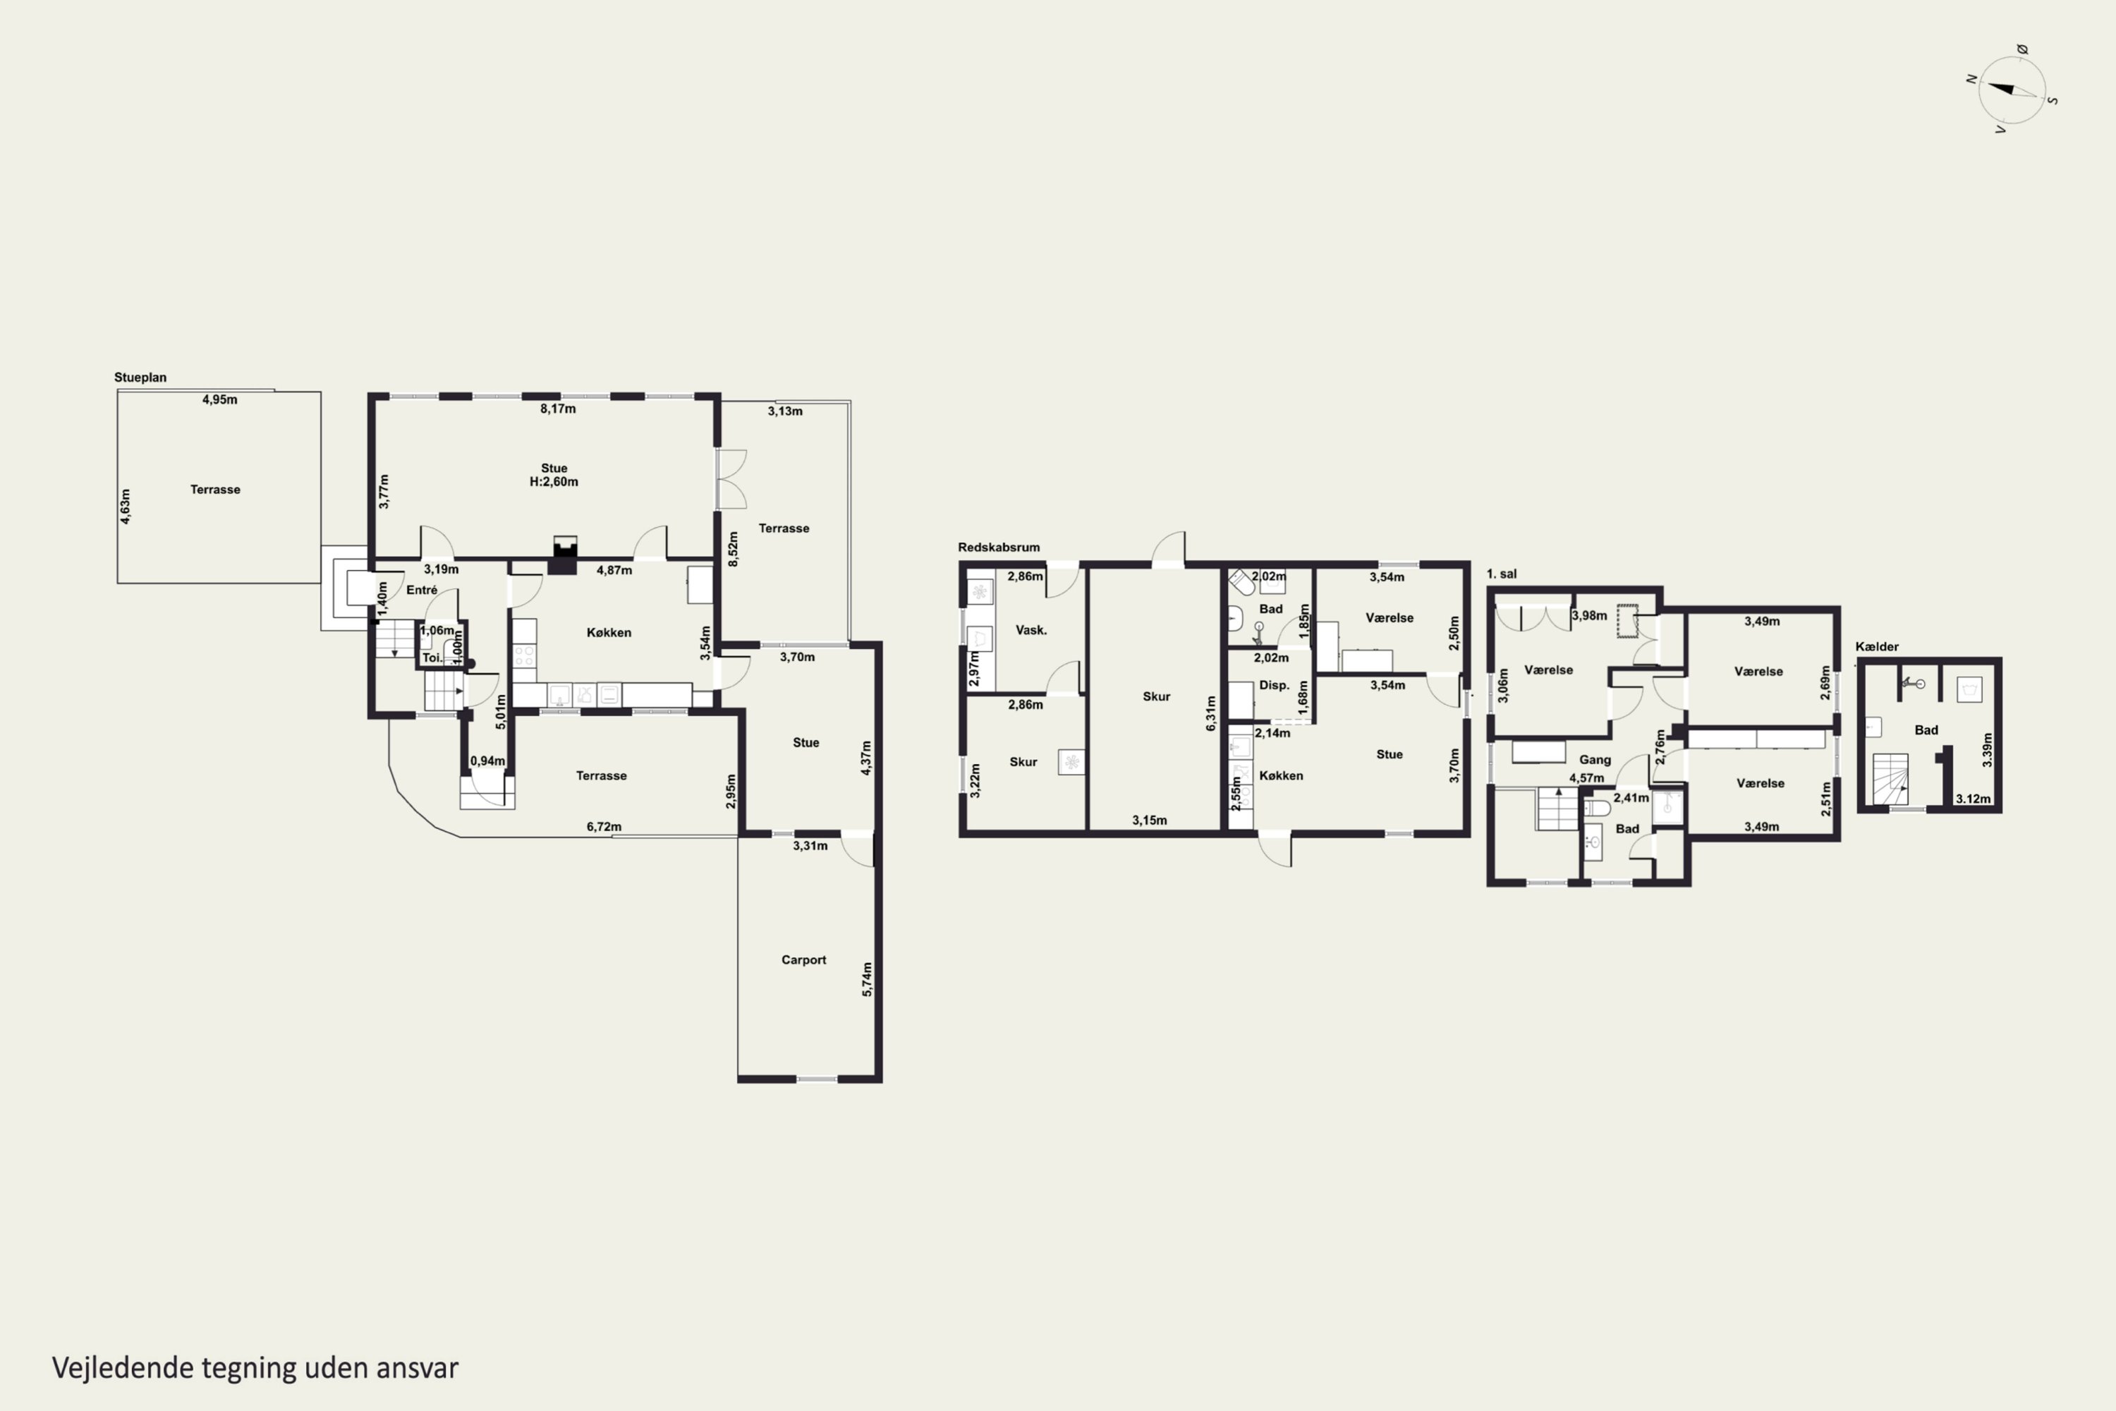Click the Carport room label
click(x=803, y=960)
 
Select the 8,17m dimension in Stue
click(x=558, y=408)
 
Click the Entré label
click(x=421, y=591)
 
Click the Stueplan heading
click(x=140, y=377)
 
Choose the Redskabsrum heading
click(x=999, y=547)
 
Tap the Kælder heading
click(x=1877, y=646)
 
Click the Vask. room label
click(x=1031, y=630)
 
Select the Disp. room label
click(x=1274, y=685)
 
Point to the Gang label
click(x=1595, y=760)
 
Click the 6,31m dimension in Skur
click(x=1211, y=713)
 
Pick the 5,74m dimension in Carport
click(x=868, y=979)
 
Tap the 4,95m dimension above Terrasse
click(x=219, y=399)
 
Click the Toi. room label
click(x=432, y=658)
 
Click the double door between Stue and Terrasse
click(x=731, y=479)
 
